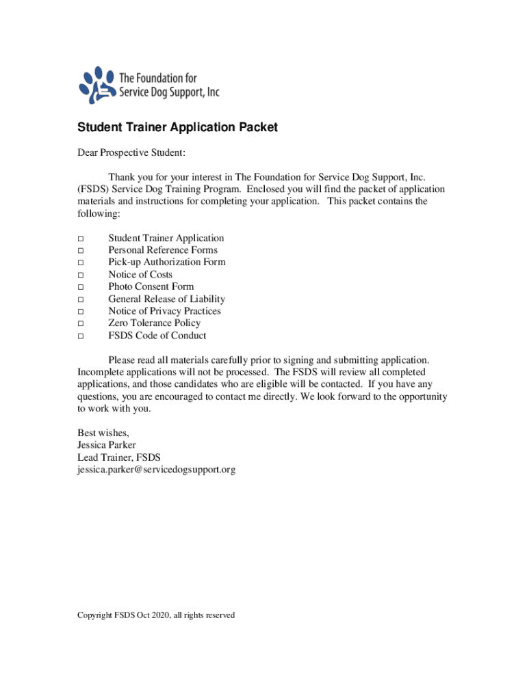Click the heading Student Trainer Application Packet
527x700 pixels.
(177, 128)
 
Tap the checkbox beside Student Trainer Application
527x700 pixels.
(80, 239)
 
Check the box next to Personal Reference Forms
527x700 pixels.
(80, 251)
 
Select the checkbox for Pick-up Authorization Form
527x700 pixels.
(80, 263)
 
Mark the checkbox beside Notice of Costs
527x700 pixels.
(80, 275)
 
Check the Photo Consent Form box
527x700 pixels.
(80, 287)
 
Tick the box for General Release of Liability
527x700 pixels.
(80, 299)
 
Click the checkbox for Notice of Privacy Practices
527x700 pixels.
(80, 312)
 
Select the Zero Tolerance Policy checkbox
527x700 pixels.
(80, 324)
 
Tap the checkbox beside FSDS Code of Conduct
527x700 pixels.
(80, 336)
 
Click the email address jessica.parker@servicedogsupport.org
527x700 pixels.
(156, 470)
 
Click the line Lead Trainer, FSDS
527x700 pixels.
(119, 457)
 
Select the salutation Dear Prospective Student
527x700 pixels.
(131, 152)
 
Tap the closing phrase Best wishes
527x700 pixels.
(103, 433)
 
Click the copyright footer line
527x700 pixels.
(156, 615)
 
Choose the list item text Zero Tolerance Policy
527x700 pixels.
(154, 323)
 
